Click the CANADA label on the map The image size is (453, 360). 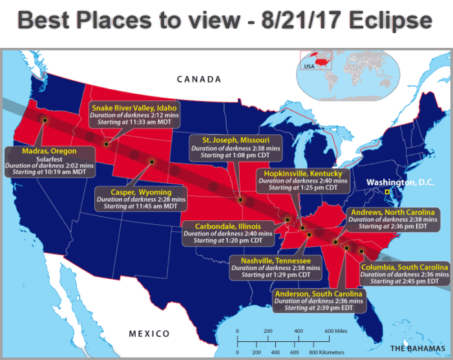tap(199, 79)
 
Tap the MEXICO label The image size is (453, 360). tap(149, 334)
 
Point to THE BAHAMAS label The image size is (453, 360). tap(417, 349)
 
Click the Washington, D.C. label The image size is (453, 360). tap(401, 182)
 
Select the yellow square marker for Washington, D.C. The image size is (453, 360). tap(387, 193)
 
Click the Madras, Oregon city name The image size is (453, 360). tap(49, 151)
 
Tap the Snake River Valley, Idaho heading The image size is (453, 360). tap(134, 107)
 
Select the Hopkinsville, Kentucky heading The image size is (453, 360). tap(303, 173)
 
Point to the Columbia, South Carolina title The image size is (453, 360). tap(405, 268)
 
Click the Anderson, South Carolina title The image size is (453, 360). tap(319, 294)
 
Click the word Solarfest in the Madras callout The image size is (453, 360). tap(49, 158)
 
